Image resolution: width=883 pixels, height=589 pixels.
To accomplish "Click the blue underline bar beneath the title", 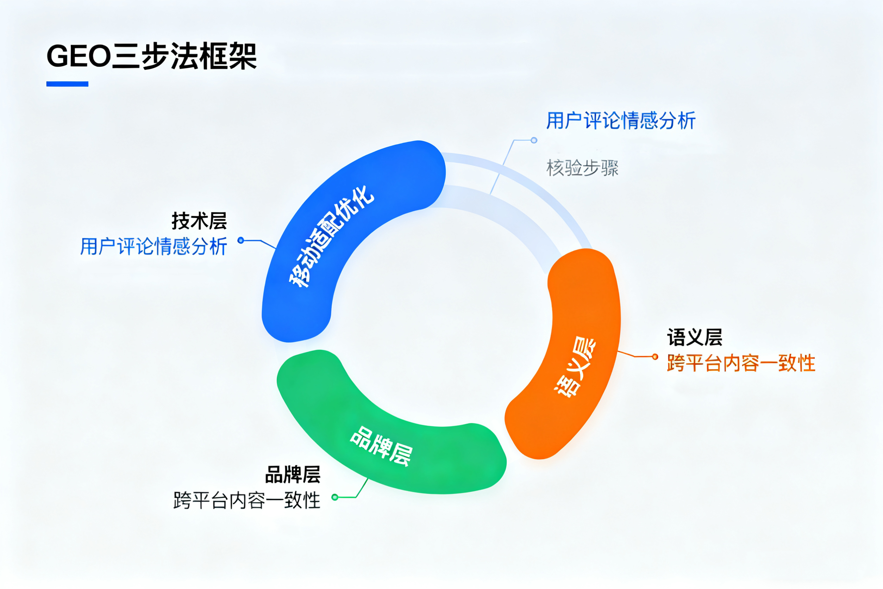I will pos(67,84).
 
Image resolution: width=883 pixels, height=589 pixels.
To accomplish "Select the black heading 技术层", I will pos(199,221).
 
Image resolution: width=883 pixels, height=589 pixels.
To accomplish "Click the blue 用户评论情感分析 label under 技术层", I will pos(154,247).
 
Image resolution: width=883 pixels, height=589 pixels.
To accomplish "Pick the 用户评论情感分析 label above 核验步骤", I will pos(621,121).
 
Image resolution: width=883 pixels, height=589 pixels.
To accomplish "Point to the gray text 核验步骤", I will pos(582,168).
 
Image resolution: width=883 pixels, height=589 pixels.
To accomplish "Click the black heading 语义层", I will pos(695,337).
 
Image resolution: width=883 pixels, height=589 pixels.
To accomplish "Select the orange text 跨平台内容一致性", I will pos(741,363).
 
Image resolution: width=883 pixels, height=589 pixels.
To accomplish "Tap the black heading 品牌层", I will pos(293,475).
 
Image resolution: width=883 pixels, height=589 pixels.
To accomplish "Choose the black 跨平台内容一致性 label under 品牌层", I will pos(247,501).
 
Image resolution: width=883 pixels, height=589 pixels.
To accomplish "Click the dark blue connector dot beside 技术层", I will pos(241,240).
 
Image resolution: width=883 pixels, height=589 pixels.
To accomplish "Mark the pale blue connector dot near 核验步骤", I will pos(534,141).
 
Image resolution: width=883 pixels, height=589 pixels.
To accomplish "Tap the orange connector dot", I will pos(655,356).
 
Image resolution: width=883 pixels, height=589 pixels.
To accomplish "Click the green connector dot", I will pos(335,497).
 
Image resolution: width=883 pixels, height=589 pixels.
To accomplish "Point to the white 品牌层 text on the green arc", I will pos(381,446).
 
